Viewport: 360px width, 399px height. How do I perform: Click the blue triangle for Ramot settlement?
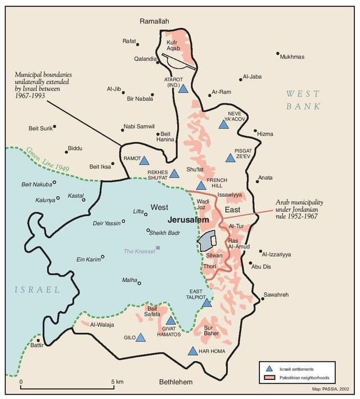pos(144,161)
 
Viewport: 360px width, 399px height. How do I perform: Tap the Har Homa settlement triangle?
pos(193,351)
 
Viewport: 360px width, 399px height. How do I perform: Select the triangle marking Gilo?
pos(140,338)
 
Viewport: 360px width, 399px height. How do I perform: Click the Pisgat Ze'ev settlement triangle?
pos(230,158)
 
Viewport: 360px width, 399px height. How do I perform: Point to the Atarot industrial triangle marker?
pos(183,88)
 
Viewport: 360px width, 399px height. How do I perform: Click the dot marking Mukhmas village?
pos(278,54)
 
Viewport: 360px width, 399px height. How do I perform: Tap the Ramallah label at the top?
pos(154,21)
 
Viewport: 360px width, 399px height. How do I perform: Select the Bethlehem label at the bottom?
pos(175,382)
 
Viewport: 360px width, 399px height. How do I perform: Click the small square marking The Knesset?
pos(158,247)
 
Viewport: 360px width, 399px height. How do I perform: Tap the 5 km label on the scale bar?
pos(117,382)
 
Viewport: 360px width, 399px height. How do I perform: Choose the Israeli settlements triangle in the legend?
pos(269,369)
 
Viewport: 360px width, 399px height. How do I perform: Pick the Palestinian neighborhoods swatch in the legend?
pos(269,378)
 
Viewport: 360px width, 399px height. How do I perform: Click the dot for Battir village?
pos(38,340)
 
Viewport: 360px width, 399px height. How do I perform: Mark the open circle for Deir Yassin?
pos(123,223)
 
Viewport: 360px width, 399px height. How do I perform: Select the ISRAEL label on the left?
pos(37,289)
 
